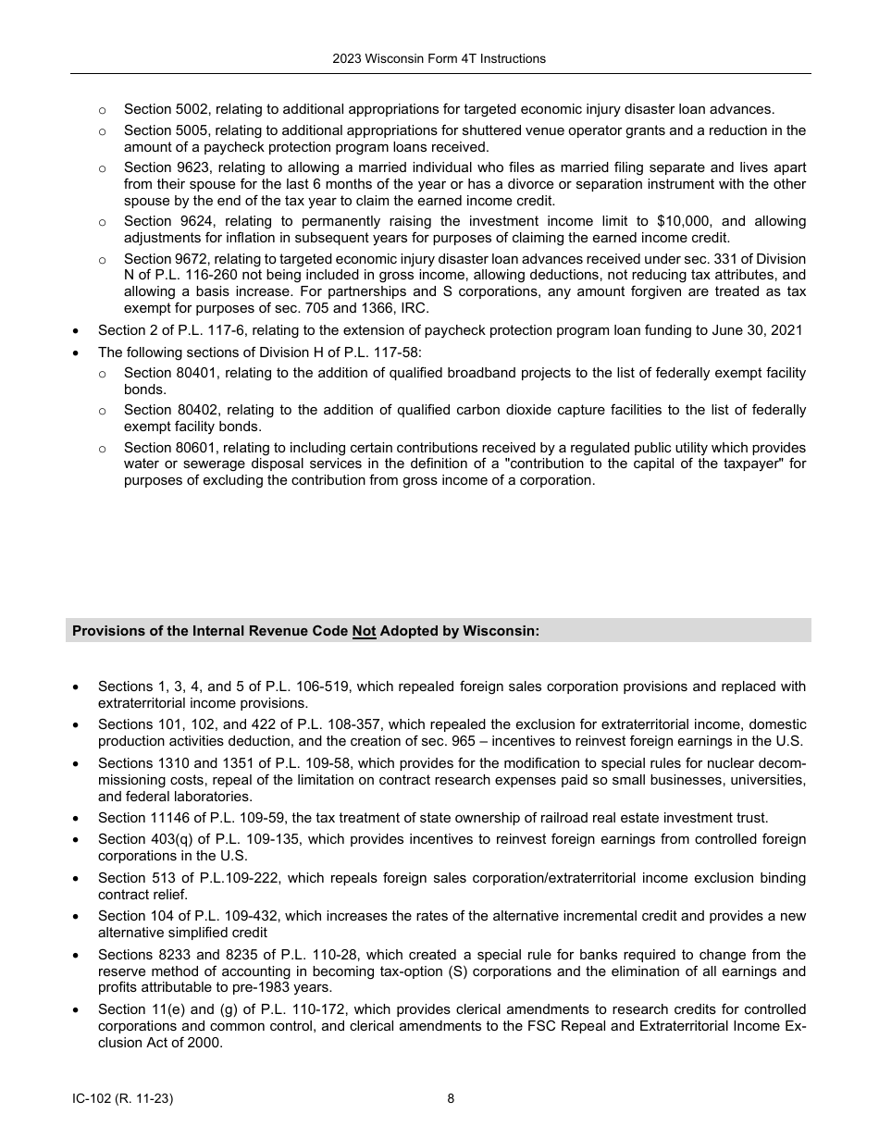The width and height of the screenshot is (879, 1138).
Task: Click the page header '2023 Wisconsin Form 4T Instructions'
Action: tap(439, 58)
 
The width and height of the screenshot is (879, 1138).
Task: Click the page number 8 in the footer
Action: tap(451, 1099)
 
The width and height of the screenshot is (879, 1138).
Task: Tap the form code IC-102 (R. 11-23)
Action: tap(123, 1099)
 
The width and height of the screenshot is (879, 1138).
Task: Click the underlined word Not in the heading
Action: tap(364, 631)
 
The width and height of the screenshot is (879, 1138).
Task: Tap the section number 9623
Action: tap(193, 167)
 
